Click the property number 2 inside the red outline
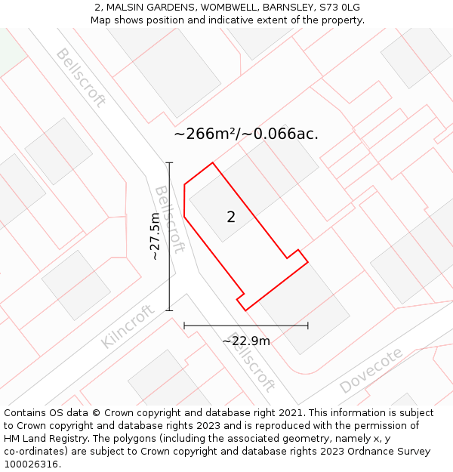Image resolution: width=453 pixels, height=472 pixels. (231, 217)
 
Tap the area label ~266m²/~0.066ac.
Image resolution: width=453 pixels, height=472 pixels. (246, 134)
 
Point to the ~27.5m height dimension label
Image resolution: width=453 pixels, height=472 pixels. (155, 236)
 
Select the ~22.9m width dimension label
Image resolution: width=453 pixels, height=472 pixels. (246, 341)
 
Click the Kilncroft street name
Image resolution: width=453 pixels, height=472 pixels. (128, 326)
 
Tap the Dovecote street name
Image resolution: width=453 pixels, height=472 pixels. (371, 371)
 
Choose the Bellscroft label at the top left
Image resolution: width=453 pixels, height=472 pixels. (80, 78)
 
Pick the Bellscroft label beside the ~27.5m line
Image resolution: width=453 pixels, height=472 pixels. (170, 219)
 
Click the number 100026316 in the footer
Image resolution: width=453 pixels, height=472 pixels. (29, 464)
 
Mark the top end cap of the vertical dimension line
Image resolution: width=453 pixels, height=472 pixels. (169, 162)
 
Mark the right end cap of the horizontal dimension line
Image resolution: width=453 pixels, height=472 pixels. (308, 325)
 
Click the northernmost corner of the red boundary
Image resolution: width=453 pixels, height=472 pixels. (212, 162)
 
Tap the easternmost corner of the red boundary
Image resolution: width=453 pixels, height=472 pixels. (308, 262)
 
